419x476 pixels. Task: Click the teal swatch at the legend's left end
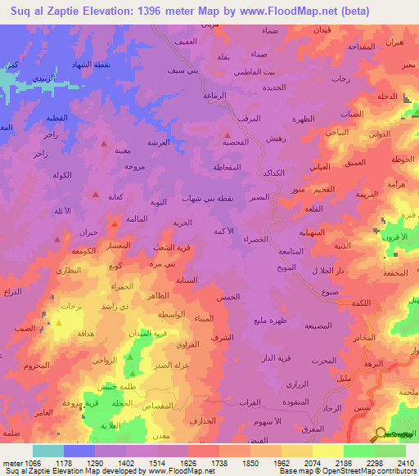click(48, 451)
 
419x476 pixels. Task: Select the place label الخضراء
click(256, 239)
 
